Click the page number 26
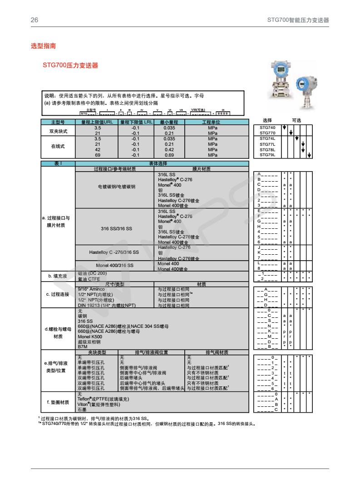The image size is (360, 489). click(34, 20)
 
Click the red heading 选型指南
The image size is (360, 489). click(43, 46)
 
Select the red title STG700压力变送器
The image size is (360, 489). click(70, 65)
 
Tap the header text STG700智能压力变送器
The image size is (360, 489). click(298, 20)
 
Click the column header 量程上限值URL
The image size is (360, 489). click(98, 122)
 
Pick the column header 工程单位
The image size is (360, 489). click(211, 122)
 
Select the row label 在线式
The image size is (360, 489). click(58, 147)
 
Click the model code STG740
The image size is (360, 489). click(267, 128)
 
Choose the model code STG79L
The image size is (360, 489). click(267, 155)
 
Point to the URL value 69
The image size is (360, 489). click(98, 155)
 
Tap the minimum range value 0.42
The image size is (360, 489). click(169, 149)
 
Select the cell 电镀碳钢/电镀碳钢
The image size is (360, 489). click(117, 187)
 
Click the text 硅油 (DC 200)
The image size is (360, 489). click(93, 273)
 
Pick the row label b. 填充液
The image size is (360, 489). click(58, 276)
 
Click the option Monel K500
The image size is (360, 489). click(89, 337)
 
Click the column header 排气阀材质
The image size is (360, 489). click(217, 352)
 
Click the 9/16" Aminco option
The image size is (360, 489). click(91, 289)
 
